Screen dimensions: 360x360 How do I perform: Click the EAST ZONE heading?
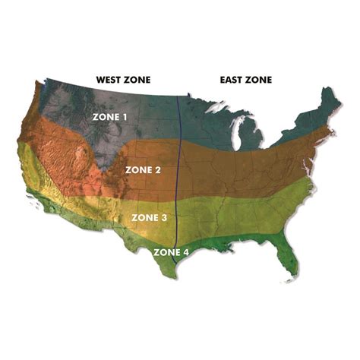[245, 79]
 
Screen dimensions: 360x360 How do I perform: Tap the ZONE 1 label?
[110, 117]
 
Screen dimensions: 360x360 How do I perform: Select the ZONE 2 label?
[143, 169]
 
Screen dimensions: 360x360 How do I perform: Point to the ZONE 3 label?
[150, 217]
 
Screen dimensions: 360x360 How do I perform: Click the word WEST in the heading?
[108, 79]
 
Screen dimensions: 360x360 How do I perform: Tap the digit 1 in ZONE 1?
[125, 117]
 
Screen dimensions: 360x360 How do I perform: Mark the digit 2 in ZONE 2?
[158, 169]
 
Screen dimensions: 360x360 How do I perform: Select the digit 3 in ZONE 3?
[165, 217]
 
